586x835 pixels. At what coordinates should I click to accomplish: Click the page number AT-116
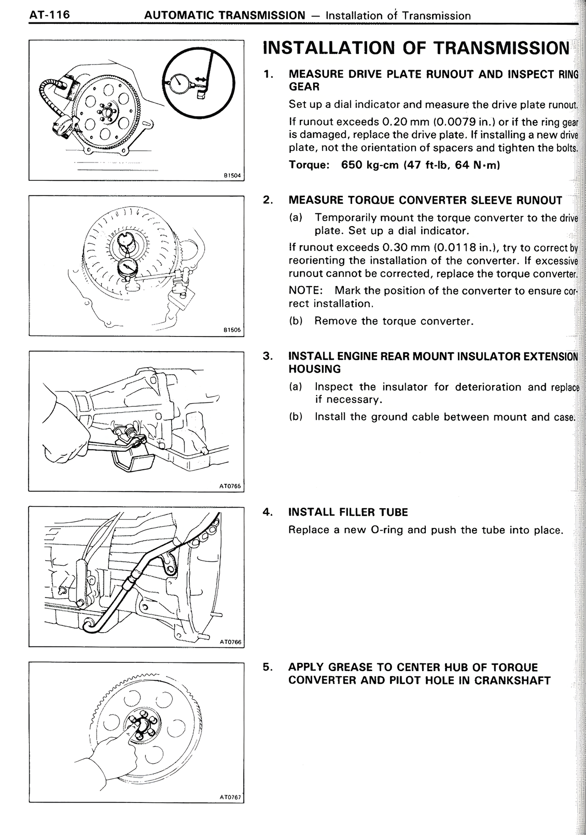[x=49, y=15]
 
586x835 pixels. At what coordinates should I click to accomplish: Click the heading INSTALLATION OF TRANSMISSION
[x=416, y=48]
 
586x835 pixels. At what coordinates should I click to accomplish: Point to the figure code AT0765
[x=230, y=486]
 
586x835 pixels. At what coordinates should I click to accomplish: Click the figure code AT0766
[x=230, y=642]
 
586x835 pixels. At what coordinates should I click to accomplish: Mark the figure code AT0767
[x=230, y=797]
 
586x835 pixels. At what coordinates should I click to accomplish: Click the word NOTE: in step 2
[x=305, y=291]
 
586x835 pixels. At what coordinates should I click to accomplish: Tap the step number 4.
[x=267, y=512]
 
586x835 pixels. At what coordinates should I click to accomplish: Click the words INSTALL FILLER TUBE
[x=348, y=512]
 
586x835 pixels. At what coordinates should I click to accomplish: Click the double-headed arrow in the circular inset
[x=200, y=80]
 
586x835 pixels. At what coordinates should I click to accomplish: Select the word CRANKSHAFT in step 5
[x=512, y=680]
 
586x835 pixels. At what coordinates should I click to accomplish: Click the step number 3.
[x=267, y=356]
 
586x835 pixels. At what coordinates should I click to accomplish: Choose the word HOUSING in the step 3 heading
[x=315, y=369]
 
